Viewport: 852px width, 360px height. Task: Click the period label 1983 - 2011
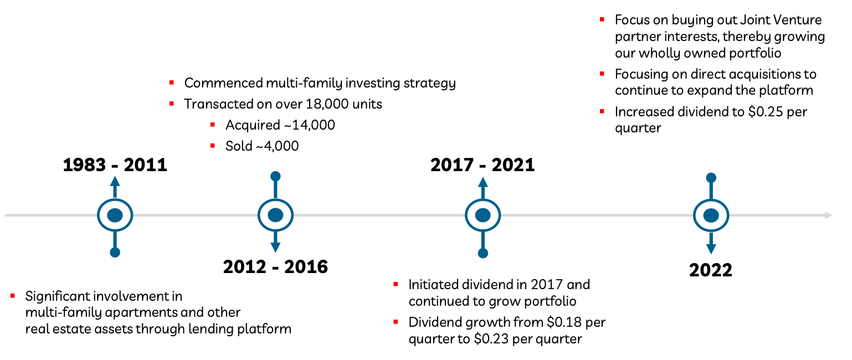coord(115,165)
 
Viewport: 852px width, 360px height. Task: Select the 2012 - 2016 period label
coord(275,267)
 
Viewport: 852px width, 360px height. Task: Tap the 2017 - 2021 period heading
coord(483,165)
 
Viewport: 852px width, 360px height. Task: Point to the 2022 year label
coord(711,270)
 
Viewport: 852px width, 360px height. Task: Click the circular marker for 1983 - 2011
coord(115,215)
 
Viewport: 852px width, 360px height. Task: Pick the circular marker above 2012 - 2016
coord(275,215)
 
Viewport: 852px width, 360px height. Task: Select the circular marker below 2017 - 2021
coord(483,215)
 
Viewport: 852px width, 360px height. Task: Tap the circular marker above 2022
coord(711,215)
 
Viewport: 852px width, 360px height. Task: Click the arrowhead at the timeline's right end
coord(828,215)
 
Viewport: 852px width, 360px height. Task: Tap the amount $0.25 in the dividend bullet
coord(766,112)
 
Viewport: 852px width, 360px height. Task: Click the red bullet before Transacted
coord(172,104)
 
